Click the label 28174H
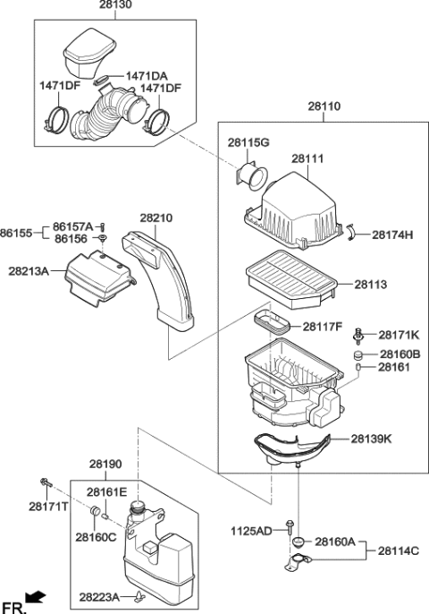(x=391, y=235)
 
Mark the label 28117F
(x=323, y=327)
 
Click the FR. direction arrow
(x=35, y=596)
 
